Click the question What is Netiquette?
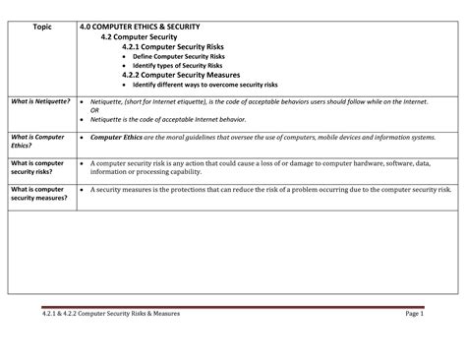coord(40,100)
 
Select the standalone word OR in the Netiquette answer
coord(94,110)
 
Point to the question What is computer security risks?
coord(37,167)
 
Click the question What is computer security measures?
coord(37,193)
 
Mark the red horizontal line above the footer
coord(232,305)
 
